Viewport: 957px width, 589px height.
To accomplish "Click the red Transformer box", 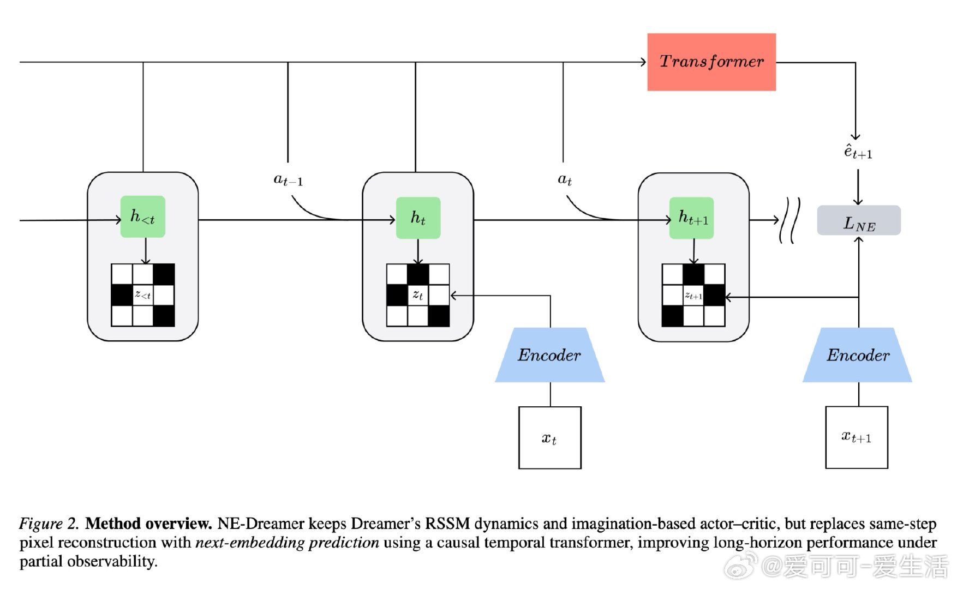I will point(711,62).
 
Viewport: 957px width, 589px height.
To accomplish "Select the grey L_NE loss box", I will point(858,221).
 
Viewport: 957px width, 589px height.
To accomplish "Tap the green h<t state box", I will point(142,217).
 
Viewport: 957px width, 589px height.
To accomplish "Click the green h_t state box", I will point(418,218).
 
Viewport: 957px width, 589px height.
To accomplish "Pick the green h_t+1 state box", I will point(691,218).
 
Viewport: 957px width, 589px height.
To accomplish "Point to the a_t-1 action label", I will point(288,179).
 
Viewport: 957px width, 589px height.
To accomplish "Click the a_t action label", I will point(565,179).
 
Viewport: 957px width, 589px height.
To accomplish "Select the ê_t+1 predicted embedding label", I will point(858,152).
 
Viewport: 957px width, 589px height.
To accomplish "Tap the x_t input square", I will point(549,438).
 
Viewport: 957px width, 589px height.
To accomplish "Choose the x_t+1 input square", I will point(856,437).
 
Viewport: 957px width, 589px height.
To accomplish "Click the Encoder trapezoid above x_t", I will point(549,355).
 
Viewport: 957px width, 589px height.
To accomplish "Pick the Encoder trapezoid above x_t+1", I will point(857,355).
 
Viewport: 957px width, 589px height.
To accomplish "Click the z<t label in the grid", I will point(143,295).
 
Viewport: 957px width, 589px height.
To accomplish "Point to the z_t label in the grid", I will point(418,295).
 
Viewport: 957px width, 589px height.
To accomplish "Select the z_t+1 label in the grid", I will point(693,296).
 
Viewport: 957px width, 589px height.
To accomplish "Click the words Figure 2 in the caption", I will point(49,524).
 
